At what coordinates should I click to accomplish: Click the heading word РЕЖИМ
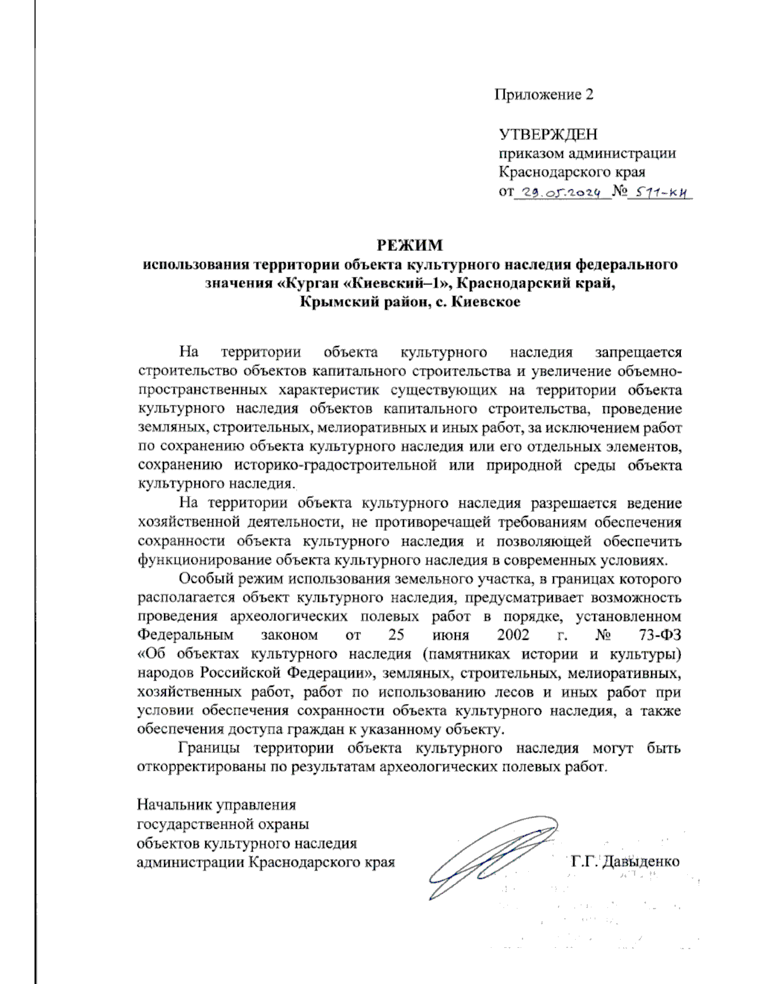pyautogui.click(x=410, y=245)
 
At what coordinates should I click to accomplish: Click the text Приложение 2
pyautogui.click(x=544, y=95)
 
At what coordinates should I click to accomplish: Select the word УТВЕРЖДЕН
pyautogui.click(x=548, y=134)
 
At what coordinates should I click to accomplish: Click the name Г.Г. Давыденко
pyautogui.click(x=624, y=862)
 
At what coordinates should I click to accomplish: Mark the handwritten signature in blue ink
pyautogui.click(x=488, y=859)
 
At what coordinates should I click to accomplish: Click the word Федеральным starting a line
pyautogui.click(x=186, y=635)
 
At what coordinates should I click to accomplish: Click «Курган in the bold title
pyautogui.click(x=310, y=283)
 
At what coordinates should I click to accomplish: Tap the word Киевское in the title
pyautogui.click(x=488, y=302)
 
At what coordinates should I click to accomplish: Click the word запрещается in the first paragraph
pyautogui.click(x=638, y=352)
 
